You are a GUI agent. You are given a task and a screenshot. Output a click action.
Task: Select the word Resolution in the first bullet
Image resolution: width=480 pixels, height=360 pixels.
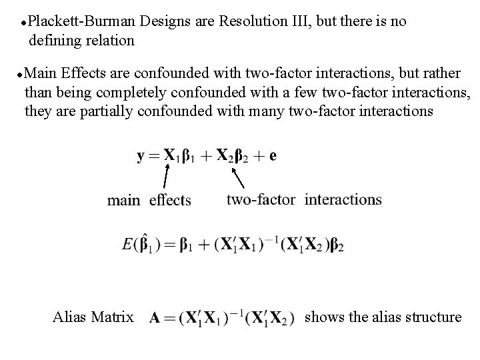point(253,21)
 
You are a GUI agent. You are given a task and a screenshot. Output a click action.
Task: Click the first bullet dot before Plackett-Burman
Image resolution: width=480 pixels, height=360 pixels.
point(23,23)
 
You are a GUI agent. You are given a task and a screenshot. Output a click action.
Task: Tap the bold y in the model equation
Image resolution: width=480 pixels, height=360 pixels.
point(141,157)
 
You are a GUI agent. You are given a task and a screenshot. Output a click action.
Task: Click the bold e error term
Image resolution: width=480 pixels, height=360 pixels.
point(273,157)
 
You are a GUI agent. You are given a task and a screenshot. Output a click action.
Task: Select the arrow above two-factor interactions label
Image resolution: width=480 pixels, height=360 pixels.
point(238,177)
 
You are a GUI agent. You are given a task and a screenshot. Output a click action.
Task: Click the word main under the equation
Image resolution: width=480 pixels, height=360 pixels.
point(124,200)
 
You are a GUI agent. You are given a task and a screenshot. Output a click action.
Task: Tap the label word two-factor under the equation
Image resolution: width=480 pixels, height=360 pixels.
point(261,199)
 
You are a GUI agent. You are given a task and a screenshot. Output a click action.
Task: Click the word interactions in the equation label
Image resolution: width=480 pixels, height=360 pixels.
point(343,199)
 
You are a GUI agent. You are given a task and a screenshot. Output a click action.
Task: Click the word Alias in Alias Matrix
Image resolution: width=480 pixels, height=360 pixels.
point(69,317)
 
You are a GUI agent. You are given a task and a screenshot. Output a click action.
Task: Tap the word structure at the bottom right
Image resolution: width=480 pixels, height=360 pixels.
point(431,317)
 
